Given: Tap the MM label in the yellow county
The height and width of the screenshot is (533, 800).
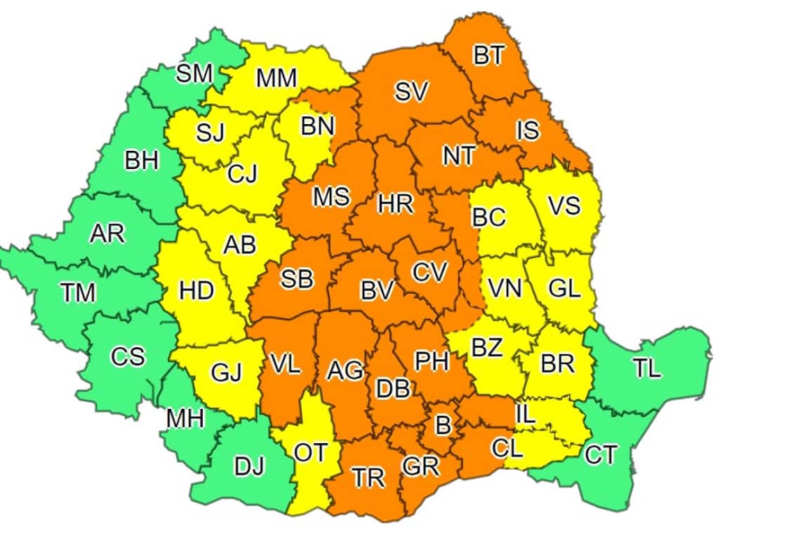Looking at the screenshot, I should [x=276, y=79].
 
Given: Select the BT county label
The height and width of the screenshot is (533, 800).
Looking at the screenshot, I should [x=489, y=55].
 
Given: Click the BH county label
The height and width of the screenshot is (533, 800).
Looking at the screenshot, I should [x=142, y=161].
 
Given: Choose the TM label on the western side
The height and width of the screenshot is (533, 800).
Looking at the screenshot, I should [x=78, y=292].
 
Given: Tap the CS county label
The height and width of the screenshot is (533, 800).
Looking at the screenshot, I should [x=128, y=356].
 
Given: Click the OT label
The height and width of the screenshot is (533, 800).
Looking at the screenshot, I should [x=310, y=453].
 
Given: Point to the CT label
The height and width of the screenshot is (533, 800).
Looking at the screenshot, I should [x=601, y=455].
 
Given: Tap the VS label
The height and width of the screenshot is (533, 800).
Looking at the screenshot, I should [x=564, y=205].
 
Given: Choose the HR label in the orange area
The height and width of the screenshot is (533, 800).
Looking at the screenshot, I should [x=396, y=204].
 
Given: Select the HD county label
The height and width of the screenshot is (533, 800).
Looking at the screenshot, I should [x=196, y=290].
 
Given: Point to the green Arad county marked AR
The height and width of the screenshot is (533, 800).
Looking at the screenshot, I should [x=107, y=234].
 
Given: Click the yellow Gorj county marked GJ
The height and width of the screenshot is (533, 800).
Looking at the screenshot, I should [x=227, y=372].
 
